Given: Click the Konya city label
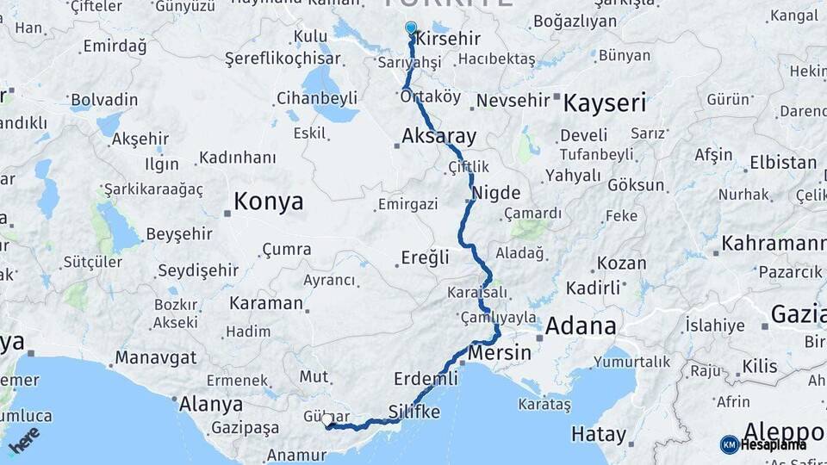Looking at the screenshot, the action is click(x=269, y=201).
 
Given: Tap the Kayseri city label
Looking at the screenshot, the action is click(x=605, y=104).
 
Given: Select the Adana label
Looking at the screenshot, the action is click(x=581, y=326).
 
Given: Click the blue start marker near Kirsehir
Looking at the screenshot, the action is click(x=411, y=28).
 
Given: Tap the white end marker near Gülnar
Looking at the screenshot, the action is click(x=328, y=420).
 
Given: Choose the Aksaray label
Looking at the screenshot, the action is click(x=438, y=136).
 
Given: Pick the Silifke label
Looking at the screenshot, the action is click(x=414, y=412).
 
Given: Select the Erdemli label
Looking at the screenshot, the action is click(x=426, y=379).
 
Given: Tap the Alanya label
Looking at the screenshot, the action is click(x=210, y=404).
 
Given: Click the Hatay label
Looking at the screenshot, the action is click(x=598, y=434).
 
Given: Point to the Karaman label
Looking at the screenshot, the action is click(x=266, y=303).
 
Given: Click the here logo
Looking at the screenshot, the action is click(x=23, y=439).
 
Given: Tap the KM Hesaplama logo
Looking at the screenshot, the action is click(x=763, y=444).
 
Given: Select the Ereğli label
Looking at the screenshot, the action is click(x=426, y=257).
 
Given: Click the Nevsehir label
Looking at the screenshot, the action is click(x=513, y=101).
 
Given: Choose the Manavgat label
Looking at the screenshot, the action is click(x=156, y=356).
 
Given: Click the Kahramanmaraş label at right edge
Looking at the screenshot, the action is click(x=774, y=244).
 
